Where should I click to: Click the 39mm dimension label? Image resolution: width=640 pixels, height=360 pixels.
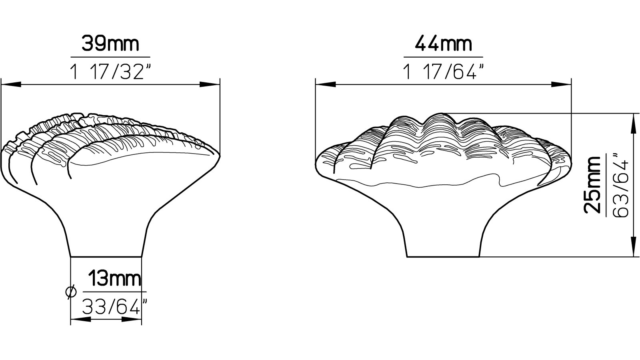tap(110, 44)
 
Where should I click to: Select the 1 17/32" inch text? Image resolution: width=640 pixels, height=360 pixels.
tap(110, 72)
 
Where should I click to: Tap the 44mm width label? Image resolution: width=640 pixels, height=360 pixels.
tap(443, 44)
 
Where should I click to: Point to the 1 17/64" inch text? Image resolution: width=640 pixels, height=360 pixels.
tap(443, 72)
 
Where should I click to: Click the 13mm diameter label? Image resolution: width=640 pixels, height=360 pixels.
tap(114, 279)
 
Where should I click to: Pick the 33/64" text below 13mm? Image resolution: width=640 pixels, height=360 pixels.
tap(112, 307)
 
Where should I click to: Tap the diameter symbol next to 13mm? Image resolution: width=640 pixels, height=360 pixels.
tap(71, 292)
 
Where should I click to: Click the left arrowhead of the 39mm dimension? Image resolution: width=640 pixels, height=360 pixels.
tap(10, 84)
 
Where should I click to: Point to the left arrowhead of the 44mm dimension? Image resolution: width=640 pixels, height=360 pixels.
tap(325, 84)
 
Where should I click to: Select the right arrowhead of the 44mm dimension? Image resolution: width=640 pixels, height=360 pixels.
tap(561, 84)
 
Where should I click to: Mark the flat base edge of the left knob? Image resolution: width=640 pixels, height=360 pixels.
tap(106, 256)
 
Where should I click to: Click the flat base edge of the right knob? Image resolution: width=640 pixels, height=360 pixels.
tap(443, 256)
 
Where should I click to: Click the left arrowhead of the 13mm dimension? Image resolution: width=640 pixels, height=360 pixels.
tap(80, 320)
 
